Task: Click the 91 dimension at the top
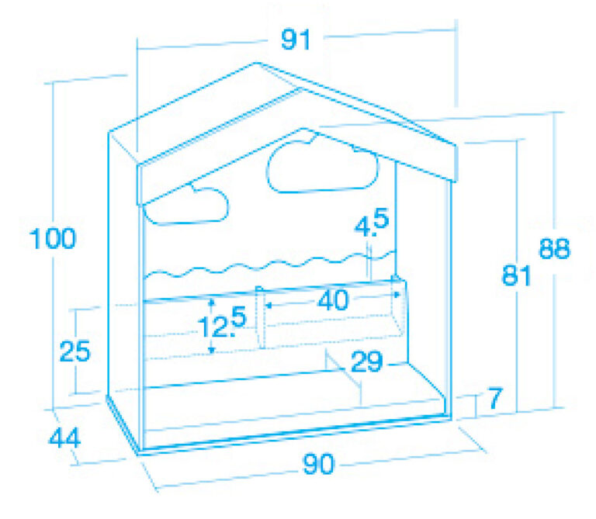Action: point(296,40)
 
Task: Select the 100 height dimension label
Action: point(53,239)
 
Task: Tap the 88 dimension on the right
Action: point(555,249)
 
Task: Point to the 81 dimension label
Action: point(516,275)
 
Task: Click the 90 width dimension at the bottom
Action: point(318,463)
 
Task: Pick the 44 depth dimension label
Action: point(65,438)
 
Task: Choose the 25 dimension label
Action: point(74,351)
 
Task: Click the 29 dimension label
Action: point(367,362)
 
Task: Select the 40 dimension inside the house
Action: point(333,300)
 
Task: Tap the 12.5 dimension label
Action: point(223,323)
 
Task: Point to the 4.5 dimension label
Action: point(372,223)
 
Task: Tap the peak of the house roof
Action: point(258,63)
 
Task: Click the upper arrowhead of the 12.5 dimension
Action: point(212,303)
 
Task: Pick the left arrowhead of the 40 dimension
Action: point(269,305)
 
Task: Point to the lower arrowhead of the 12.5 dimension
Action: point(212,351)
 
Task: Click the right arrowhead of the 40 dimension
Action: point(397,295)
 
